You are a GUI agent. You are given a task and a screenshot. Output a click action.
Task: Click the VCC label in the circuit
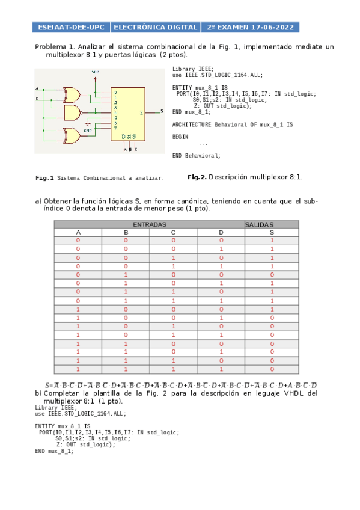pos(96,72)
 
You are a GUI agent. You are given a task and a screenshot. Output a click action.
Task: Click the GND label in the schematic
pos(88,129)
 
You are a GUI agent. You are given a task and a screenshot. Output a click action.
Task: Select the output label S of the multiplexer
pos(161,111)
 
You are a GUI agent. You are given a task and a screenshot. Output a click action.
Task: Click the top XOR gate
pos(72,94)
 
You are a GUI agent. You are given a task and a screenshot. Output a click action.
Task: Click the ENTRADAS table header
pos(150,224)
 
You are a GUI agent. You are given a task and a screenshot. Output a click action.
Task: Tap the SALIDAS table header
pos(259,224)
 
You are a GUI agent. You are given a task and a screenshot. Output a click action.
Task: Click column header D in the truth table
pos(221,232)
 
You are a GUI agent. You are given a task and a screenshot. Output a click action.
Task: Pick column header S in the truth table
pos(272,232)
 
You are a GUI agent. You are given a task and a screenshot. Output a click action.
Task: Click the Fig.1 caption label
pos(45,178)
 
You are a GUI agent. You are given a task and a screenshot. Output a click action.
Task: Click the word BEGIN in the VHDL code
pos(180,137)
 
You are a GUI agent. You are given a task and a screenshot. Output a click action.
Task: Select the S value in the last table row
pos(272,369)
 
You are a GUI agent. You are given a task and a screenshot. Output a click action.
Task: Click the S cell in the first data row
pos(272,241)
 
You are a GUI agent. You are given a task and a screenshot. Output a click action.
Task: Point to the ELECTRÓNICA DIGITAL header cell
pos(156,28)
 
